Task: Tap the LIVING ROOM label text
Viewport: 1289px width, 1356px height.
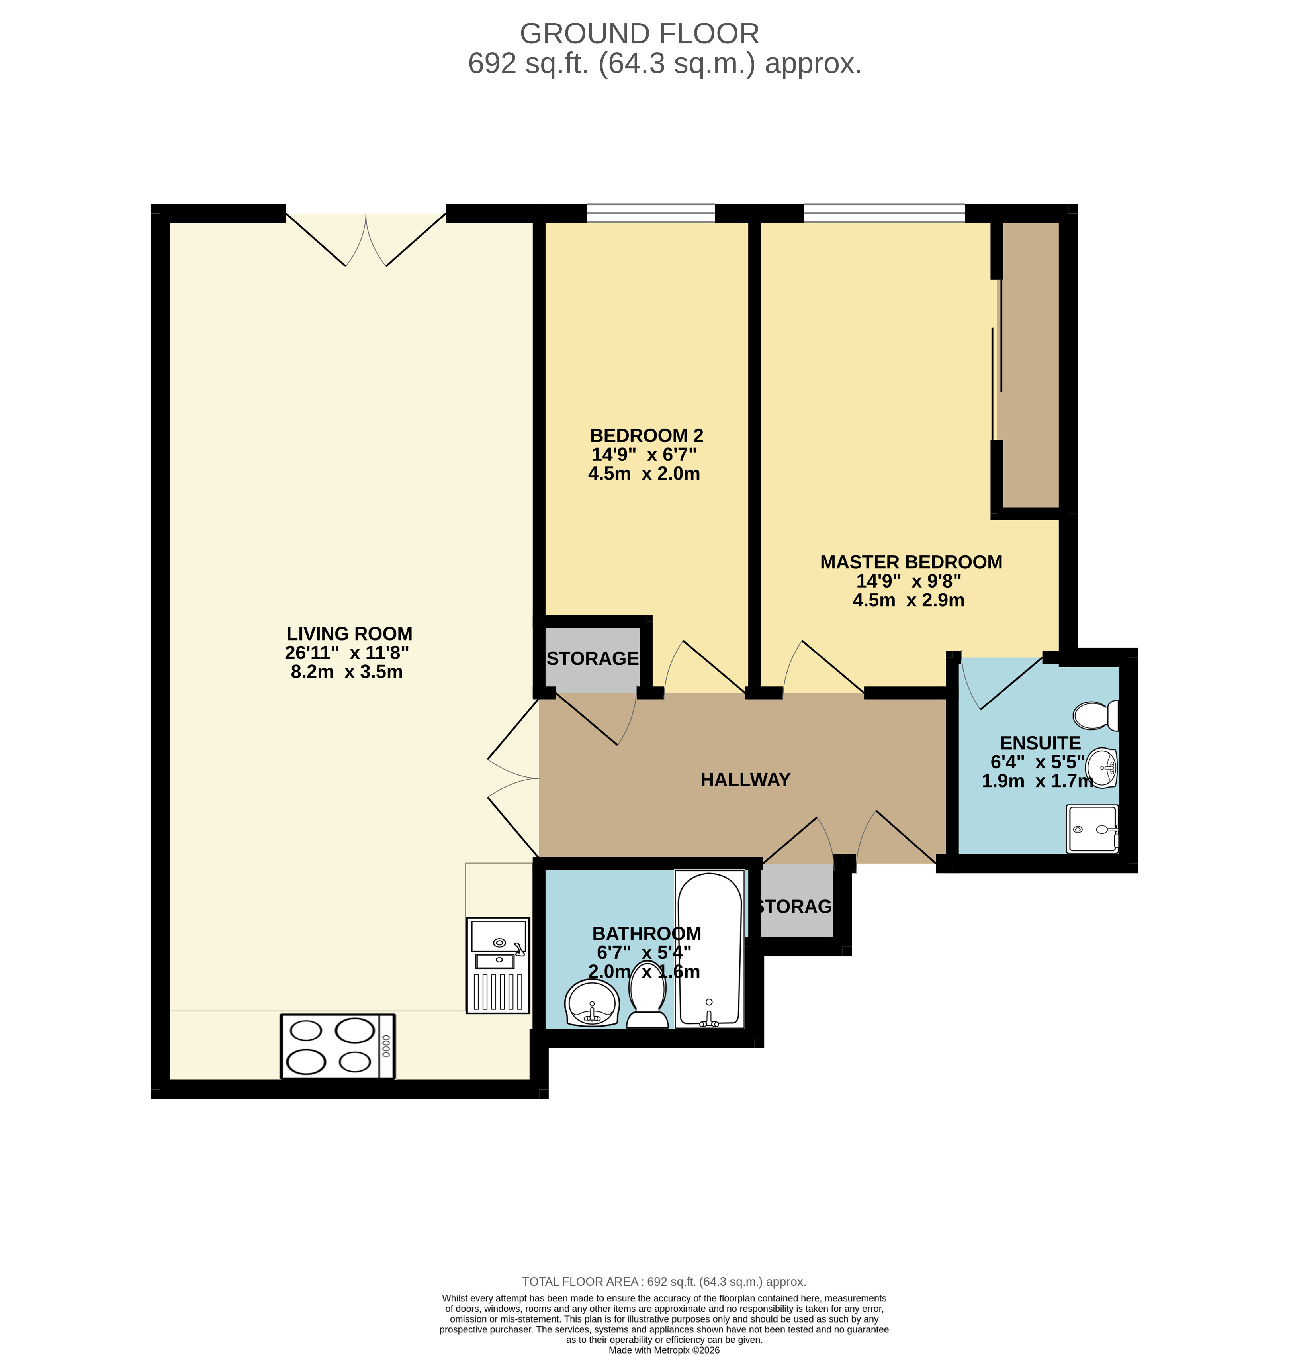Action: click(x=349, y=634)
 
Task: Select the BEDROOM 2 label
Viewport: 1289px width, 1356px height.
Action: click(x=647, y=436)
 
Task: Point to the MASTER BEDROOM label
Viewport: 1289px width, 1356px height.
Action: click(x=911, y=562)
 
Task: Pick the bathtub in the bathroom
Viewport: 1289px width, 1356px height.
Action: click(x=710, y=949)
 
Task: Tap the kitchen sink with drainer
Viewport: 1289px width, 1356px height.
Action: click(x=498, y=965)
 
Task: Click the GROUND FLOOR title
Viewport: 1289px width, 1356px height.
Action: click(x=639, y=34)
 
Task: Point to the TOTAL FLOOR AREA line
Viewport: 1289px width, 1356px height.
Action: click(x=664, y=1282)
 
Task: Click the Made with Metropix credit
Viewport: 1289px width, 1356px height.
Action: click(x=664, y=1350)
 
